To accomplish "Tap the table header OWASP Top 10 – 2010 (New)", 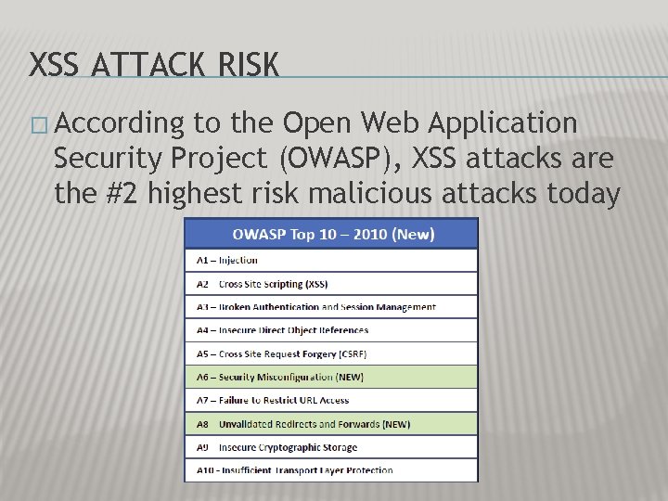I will (331, 234).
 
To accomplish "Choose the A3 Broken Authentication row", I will (316, 307).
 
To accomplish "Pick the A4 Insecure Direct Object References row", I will (283, 330).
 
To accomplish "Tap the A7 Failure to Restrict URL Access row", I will (273, 400).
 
